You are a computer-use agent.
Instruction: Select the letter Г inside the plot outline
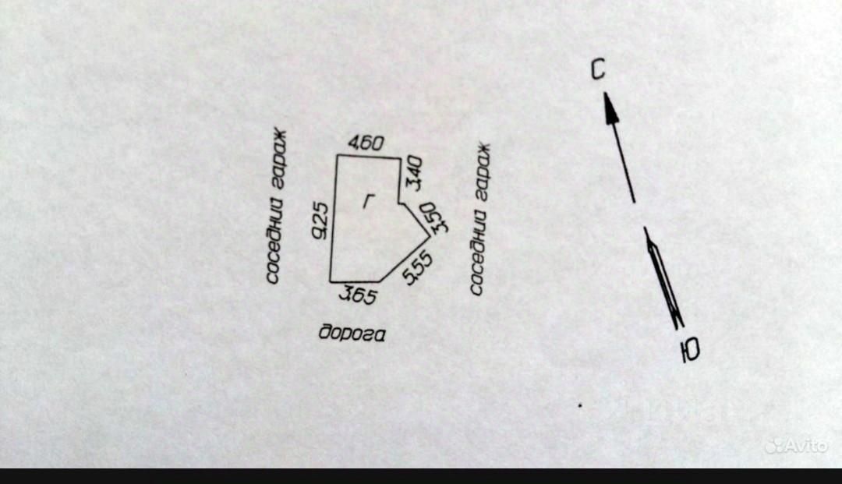[x=367, y=201]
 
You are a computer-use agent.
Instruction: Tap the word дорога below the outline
[x=352, y=333]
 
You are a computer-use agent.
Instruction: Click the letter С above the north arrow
[x=597, y=70]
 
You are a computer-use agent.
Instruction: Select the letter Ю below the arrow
[x=689, y=352]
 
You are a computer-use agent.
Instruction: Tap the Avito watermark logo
[x=795, y=446]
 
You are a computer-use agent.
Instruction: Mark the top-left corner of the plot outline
[x=337, y=156]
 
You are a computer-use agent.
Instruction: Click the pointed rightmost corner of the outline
[x=430, y=235]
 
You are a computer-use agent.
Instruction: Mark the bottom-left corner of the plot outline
[x=331, y=281]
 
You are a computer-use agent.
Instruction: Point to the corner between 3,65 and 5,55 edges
[x=380, y=281]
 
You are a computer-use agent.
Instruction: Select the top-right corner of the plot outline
[x=400, y=157]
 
